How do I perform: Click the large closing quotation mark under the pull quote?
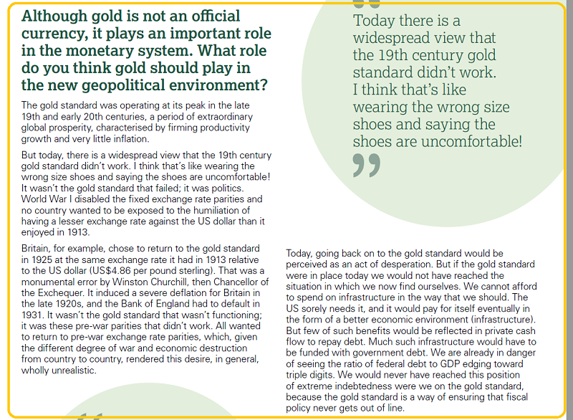[x=366, y=165]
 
